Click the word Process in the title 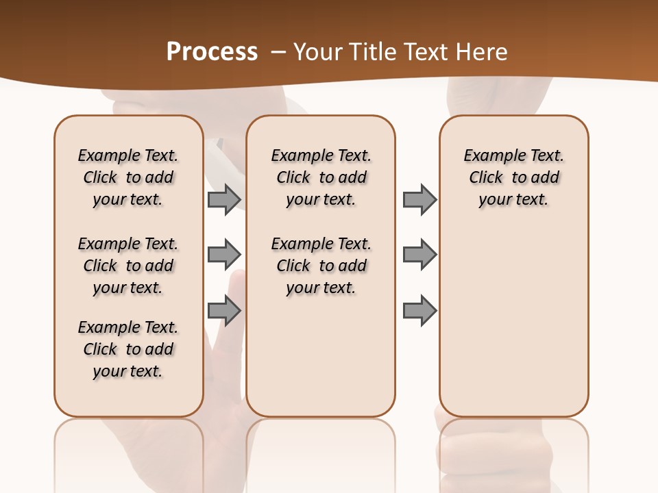[212, 51]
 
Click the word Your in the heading [319, 51]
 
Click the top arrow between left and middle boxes [224, 200]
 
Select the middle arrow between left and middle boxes [224, 255]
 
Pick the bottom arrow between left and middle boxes [224, 311]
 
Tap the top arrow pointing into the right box [419, 200]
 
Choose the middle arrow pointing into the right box [419, 255]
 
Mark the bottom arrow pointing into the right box [419, 311]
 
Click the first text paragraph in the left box [128, 177]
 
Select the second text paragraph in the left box [128, 266]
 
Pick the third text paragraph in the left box [128, 349]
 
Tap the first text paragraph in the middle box [321, 177]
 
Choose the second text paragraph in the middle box [321, 266]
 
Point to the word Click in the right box [486, 178]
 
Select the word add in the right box [546, 178]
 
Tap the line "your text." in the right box [513, 200]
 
